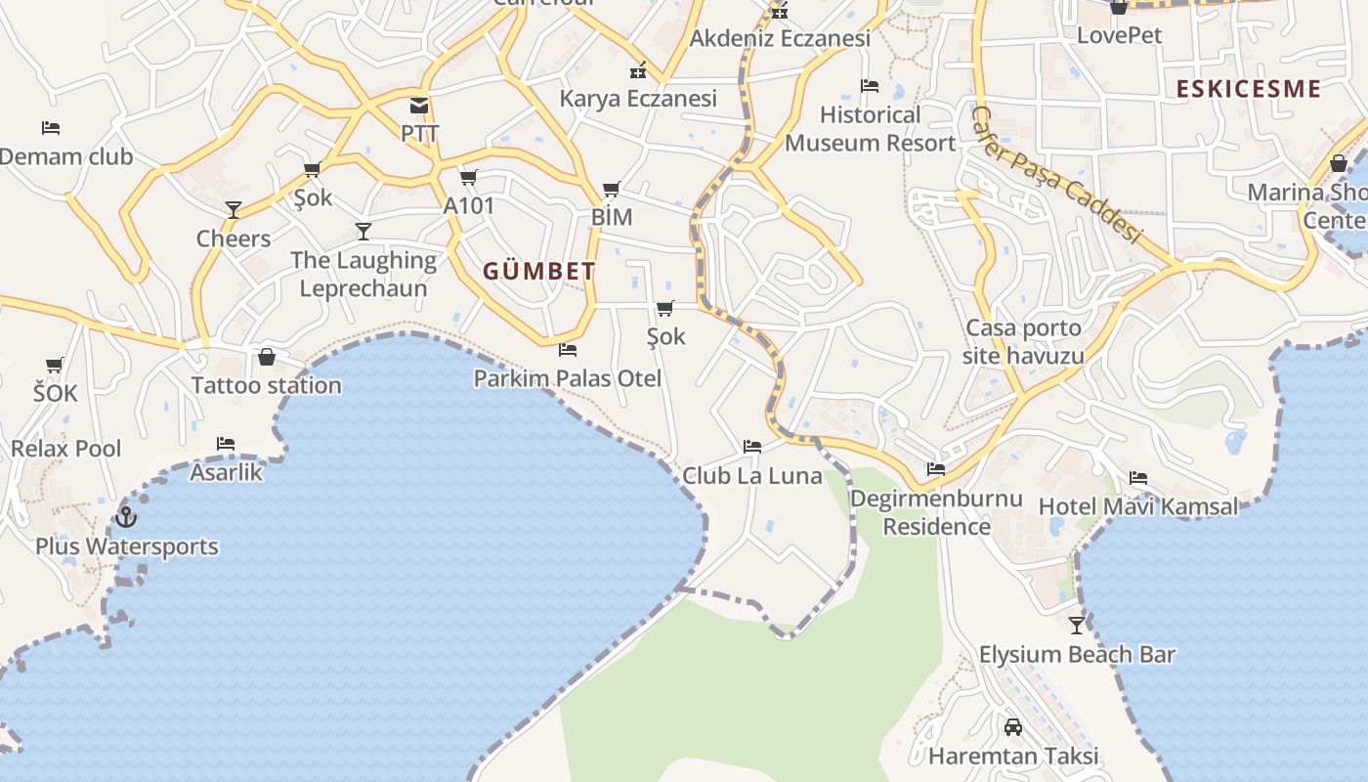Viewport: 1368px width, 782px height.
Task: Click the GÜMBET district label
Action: (538, 271)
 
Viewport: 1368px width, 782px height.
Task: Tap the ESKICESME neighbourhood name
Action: (1248, 89)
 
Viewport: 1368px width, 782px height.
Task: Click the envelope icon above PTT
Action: (419, 106)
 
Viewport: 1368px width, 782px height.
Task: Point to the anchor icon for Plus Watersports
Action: (126, 516)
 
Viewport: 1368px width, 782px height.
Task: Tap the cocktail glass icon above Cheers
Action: (234, 209)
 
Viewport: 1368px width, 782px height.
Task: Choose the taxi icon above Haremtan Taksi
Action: (1013, 727)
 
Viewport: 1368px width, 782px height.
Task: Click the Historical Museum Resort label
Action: (870, 129)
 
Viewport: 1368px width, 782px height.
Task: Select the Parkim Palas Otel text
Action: (567, 378)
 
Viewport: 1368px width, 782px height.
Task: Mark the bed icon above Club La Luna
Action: (751, 447)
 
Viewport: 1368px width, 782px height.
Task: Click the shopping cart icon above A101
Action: (469, 177)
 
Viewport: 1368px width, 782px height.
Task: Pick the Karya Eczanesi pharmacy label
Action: (638, 98)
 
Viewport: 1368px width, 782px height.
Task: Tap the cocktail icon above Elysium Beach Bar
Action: (1077, 625)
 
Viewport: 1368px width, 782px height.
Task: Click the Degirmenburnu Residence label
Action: (936, 512)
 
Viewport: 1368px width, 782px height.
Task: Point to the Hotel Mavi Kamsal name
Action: (1137, 506)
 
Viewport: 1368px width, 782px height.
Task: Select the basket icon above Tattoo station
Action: (266, 357)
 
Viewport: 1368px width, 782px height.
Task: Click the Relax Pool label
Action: (66, 449)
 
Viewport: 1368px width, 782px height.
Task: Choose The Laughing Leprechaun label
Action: (363, 274)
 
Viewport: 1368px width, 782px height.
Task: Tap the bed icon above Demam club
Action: (51, 128)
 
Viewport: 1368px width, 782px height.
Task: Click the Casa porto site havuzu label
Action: (1023, 341)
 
